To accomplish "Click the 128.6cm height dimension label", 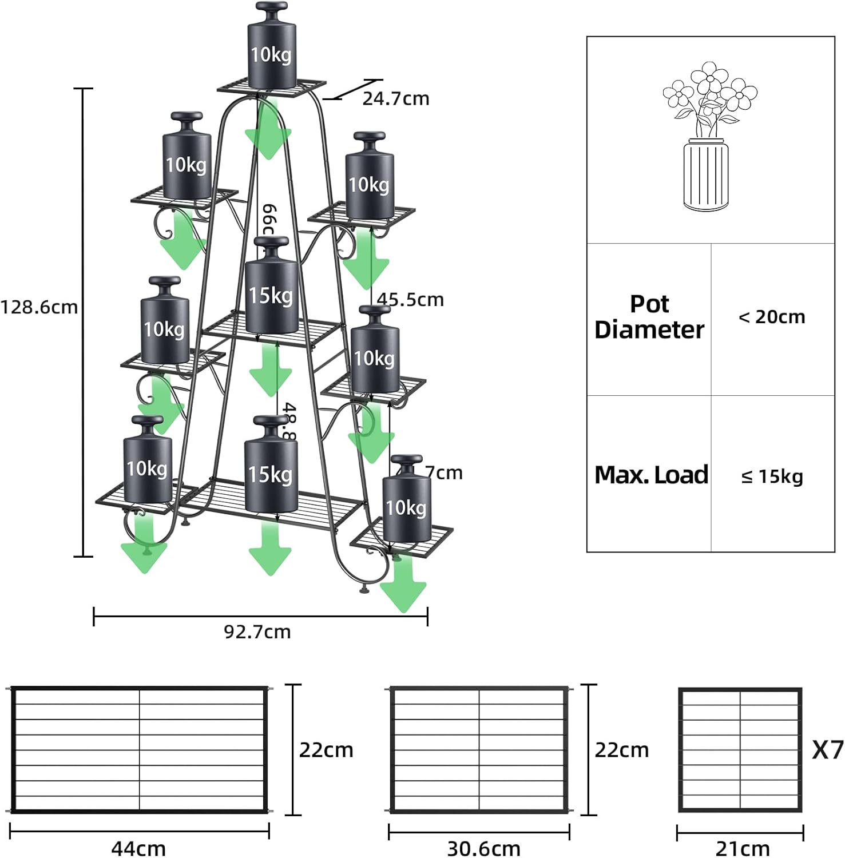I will coord(39,307).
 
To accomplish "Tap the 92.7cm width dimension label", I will coord(257,631).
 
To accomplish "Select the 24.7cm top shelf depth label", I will coord(395,98).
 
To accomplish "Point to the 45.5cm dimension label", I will coord(410,299).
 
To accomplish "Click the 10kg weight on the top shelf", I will coord(272,49).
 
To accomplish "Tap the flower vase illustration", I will coord(708,137).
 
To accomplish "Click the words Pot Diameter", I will coord(649,317).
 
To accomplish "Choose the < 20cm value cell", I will coord(772,317).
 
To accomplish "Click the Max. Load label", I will coord(651,475).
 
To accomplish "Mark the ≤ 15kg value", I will coord(772,476).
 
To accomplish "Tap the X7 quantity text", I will coord(827,749).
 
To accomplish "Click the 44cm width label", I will coord(138,848).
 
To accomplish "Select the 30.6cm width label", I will coord(483,848).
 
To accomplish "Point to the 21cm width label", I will coord(742,848).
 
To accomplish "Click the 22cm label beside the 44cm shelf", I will coord(326,750).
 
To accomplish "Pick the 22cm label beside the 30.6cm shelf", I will coord(622,750).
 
